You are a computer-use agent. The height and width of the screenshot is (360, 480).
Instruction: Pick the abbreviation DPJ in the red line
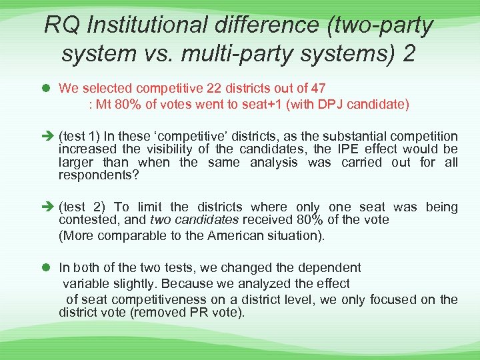tap(314, 104)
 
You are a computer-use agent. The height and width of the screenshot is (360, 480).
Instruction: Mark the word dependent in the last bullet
tap(328, 267)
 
